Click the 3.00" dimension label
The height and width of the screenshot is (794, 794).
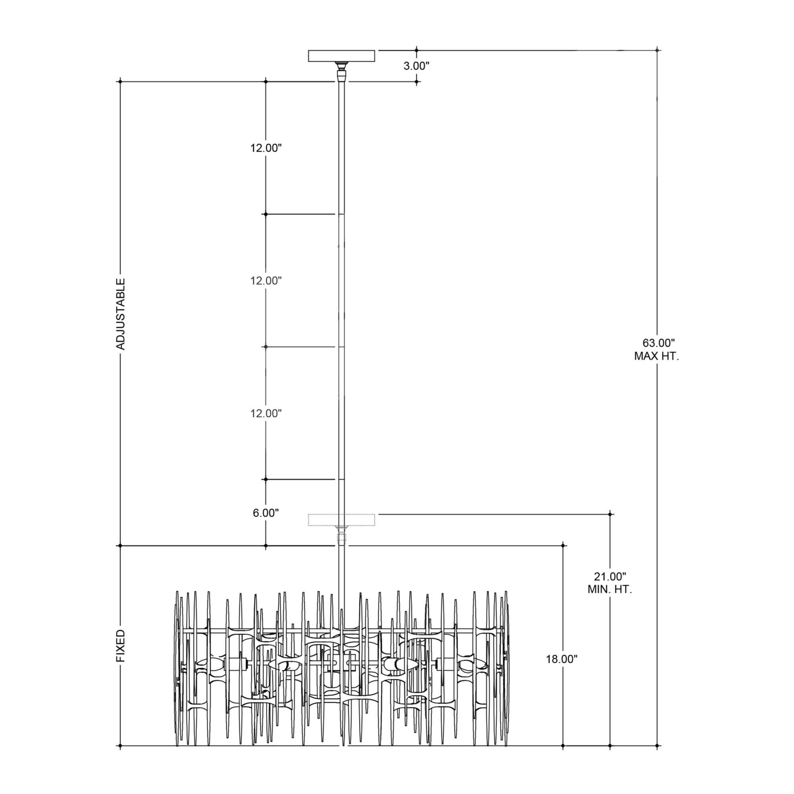(x=416, y=66)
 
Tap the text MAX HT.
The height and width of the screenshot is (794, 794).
(x=656, y=357)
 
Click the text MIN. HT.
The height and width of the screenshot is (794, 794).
(x=609, y=589)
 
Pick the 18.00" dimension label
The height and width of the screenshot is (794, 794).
(x=561, y=659)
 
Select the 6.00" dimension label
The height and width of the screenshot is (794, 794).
(x=266, y=513)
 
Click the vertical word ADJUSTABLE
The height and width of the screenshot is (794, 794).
(x=121, y=314)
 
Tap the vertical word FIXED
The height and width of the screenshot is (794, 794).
(x=121, y=646)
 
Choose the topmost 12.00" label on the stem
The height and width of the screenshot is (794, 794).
(x=266, y=148)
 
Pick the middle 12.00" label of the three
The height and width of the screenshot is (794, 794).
(x=266, y=281)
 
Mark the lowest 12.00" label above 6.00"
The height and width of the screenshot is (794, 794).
(x=266, y=413)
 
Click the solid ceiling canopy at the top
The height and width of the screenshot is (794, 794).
(x=341, y=56)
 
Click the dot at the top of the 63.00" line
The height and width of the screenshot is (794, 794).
(x=657, y=50)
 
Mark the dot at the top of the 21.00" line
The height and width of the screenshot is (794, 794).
(x=610, y=514)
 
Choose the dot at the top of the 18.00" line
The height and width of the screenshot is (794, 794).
(x=563, y=545)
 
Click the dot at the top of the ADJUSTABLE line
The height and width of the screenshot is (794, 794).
(x=120, y=82)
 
